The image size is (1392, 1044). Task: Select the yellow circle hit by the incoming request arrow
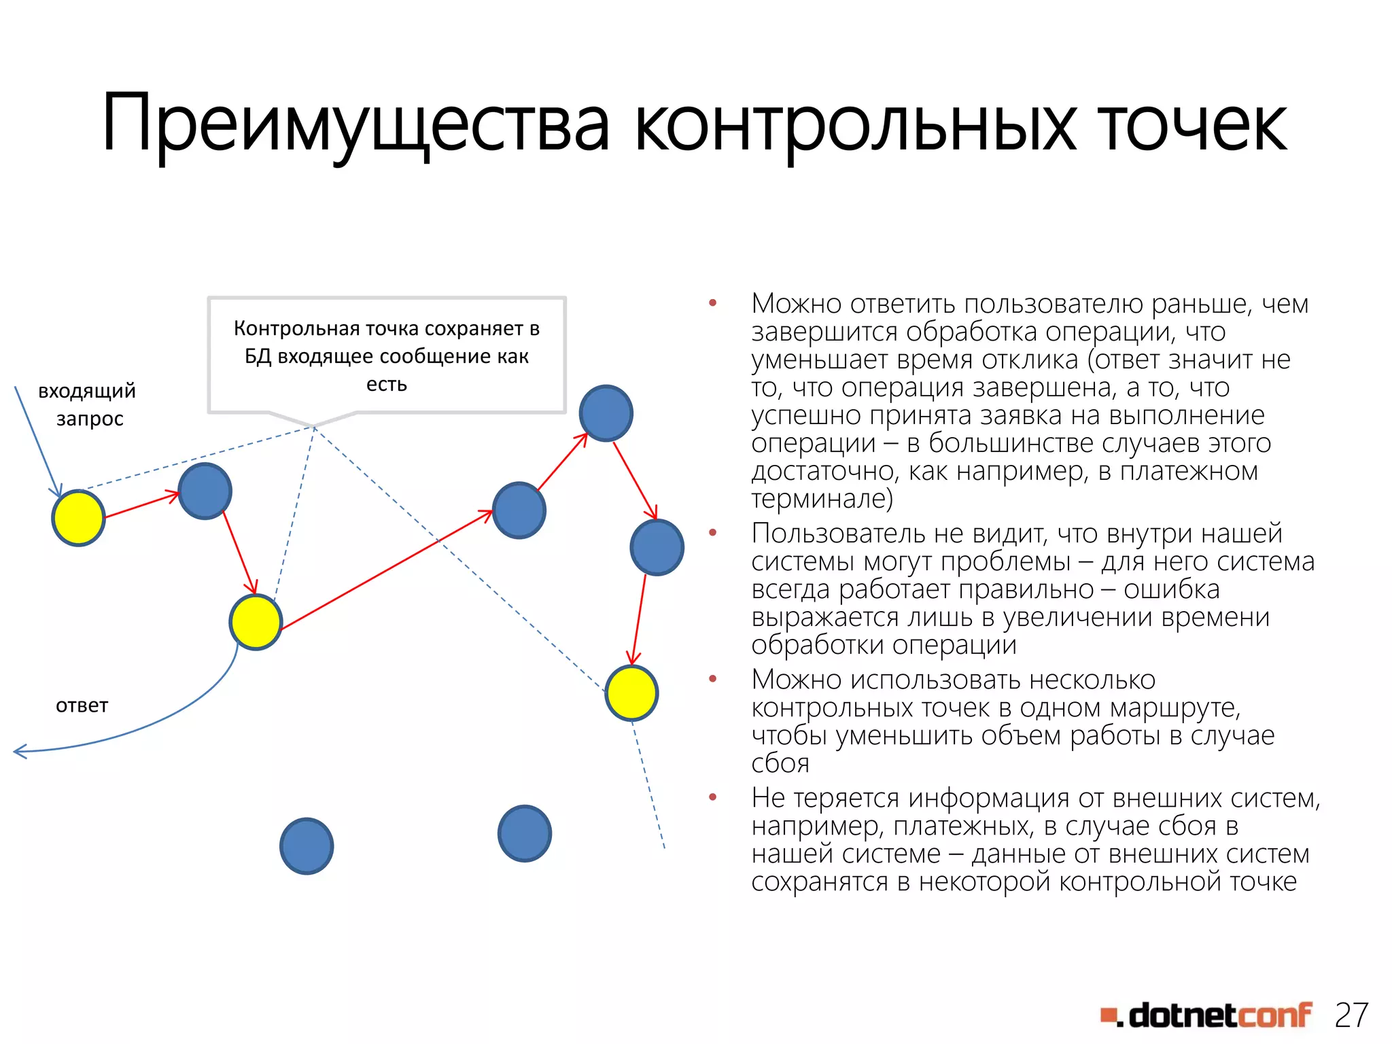click(79, 518)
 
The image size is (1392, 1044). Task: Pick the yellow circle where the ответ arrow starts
click(256, 622)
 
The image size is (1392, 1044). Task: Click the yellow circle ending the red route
click(631, 693)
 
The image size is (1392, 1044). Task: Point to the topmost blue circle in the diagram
click(606, 413)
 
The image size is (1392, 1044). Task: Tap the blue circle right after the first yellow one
click(205, 491)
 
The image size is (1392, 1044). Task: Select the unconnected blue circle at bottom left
click(307, 846)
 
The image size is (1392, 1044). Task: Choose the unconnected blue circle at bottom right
click(524, 833)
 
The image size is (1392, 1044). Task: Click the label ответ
click(82, 705)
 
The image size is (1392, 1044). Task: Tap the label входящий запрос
click(88, 404)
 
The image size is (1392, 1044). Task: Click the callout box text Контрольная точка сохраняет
click(386, 328)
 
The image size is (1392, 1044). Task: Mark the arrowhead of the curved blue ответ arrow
click(18, 751)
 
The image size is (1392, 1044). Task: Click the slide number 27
click(1351, 1015)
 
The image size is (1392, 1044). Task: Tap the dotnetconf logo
click(1206, 1015)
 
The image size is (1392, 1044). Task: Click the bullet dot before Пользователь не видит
click(712, 533)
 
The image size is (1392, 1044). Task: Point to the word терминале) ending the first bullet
click(822, 499)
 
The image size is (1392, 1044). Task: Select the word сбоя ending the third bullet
click(780, 763)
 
